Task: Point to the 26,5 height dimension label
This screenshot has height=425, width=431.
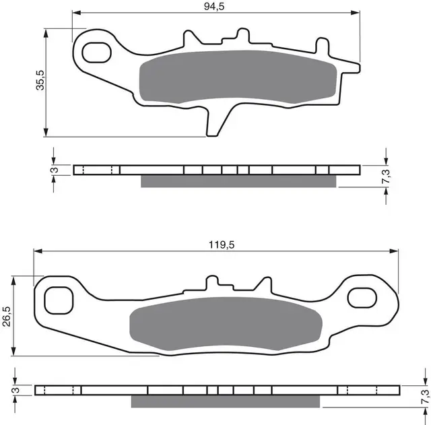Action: tap(6, 315)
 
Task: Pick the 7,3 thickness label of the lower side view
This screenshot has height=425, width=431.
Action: tap(424, 397)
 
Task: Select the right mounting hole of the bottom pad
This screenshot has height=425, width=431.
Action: tap(366, 297)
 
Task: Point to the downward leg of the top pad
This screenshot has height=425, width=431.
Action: tap(215, 121)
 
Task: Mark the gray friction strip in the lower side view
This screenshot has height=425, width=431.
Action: tap(230, 401)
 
